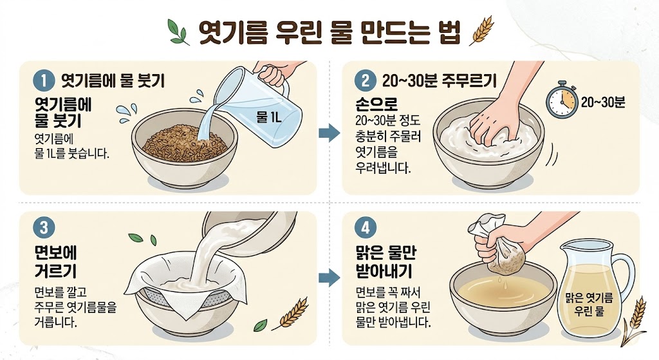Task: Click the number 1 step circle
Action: coord(44,81)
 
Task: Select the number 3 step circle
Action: coord(44,227)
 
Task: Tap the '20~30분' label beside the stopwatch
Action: coord(603,102)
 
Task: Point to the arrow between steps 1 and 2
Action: coord(329,133)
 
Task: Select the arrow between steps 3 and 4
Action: coord(329,278)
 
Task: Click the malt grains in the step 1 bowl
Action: coord(185,143)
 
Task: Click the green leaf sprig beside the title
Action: coord(178,32)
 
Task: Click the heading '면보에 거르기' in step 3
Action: coord(55,261)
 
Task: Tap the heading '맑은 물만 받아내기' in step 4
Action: coord(385,261)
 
